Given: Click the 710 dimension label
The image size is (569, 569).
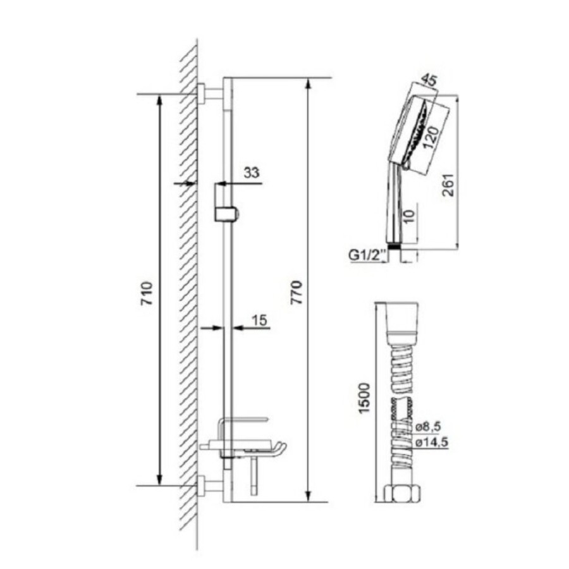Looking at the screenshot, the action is pos(147,293).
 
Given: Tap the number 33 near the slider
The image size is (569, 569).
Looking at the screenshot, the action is pos(251,173).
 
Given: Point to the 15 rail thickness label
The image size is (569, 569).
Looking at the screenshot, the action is pos(259,320).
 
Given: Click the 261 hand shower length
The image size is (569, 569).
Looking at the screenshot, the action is pos(448,185).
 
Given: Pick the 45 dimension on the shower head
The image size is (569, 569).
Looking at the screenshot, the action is pos(429,80).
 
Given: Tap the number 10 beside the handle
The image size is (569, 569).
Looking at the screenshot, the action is pos(408,216).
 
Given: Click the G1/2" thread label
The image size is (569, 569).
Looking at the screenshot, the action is pos(367,256).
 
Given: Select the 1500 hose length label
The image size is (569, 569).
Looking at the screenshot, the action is pos(364,398).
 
